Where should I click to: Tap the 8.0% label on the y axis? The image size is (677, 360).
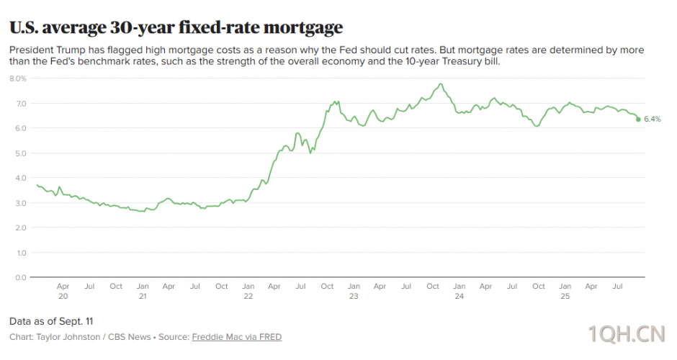(18, 78)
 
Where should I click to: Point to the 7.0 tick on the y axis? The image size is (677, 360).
(21, 104)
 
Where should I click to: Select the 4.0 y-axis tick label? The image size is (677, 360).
(21, 178)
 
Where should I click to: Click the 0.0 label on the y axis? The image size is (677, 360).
(21, 277)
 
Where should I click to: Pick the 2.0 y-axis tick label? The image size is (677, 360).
(21, 228)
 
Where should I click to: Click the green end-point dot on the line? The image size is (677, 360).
(638, 119)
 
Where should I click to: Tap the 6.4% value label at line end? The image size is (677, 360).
(652, 119)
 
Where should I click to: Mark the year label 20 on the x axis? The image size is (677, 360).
(63, 296)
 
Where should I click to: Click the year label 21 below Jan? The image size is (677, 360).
(143, 296)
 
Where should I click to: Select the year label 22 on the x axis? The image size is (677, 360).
(248, 296)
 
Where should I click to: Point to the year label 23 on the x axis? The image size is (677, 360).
(354, 296)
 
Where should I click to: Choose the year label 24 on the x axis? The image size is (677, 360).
(459, 296)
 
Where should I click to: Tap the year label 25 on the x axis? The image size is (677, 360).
(565, 296)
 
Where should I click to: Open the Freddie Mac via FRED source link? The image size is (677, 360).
(236, 337)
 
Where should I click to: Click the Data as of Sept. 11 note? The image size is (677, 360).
(51, 320)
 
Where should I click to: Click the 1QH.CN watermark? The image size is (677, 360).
(625, 333)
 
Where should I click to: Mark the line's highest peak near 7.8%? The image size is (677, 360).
(439, 84)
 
